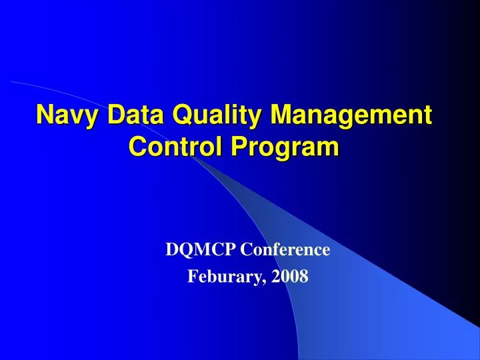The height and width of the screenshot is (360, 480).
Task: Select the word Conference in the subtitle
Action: [x=285, y=250]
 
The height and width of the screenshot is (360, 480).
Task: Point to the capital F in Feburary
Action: [x=192, y=275]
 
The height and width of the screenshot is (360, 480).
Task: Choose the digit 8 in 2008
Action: [x=305, y=275]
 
